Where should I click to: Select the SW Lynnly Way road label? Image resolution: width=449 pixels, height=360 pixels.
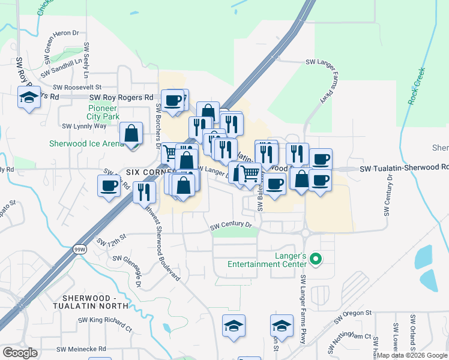(x=84, y=126)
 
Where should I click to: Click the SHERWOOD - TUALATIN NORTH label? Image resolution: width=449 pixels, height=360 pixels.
(x=95, y=302)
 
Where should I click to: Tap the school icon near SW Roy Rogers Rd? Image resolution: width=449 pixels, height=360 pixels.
(x=28, y=97)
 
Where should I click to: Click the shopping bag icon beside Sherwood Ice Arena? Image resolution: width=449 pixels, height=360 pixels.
(x=131, y=133)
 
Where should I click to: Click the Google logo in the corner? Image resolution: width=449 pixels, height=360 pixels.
(x=20, y=352)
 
